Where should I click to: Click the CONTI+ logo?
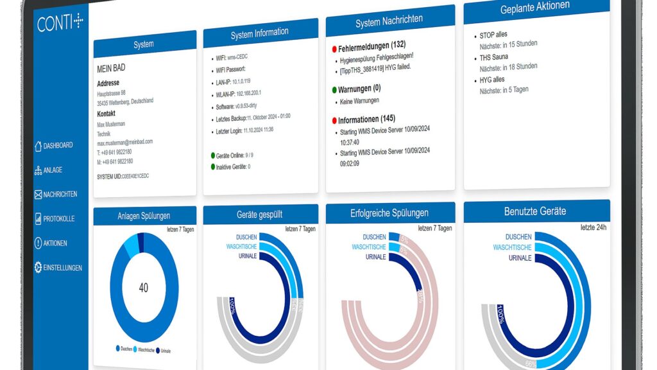60,22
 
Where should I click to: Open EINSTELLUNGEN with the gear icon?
58,267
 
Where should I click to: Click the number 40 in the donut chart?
143,288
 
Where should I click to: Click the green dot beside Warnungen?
334,90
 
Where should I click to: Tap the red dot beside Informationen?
334,121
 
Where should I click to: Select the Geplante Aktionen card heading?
534,8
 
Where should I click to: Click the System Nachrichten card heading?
389,22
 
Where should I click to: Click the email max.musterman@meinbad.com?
124,143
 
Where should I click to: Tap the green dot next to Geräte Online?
213,155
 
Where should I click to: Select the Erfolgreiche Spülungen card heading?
389,213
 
